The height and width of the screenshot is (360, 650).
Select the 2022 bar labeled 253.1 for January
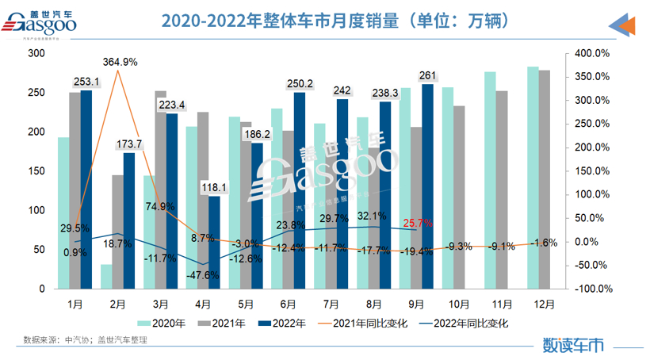pyautogui.click(x=86, y=190)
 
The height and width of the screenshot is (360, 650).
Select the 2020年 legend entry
pyautogui.click(x=162, y=323)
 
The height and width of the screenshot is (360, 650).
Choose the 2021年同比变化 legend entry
pyautogui.click(x=368, y=323)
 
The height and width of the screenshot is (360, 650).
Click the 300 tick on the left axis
pyautogui.click(x=35, y=53)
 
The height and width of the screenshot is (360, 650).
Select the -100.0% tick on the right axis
pyautogui.click(x=590, y=289)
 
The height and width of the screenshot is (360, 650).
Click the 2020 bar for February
pyautogui.click(x=106, y=277)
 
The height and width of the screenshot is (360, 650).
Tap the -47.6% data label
pyautogui.click(x=204, y=274)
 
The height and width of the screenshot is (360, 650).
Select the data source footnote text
pyautogui.click(x=86, y=339)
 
